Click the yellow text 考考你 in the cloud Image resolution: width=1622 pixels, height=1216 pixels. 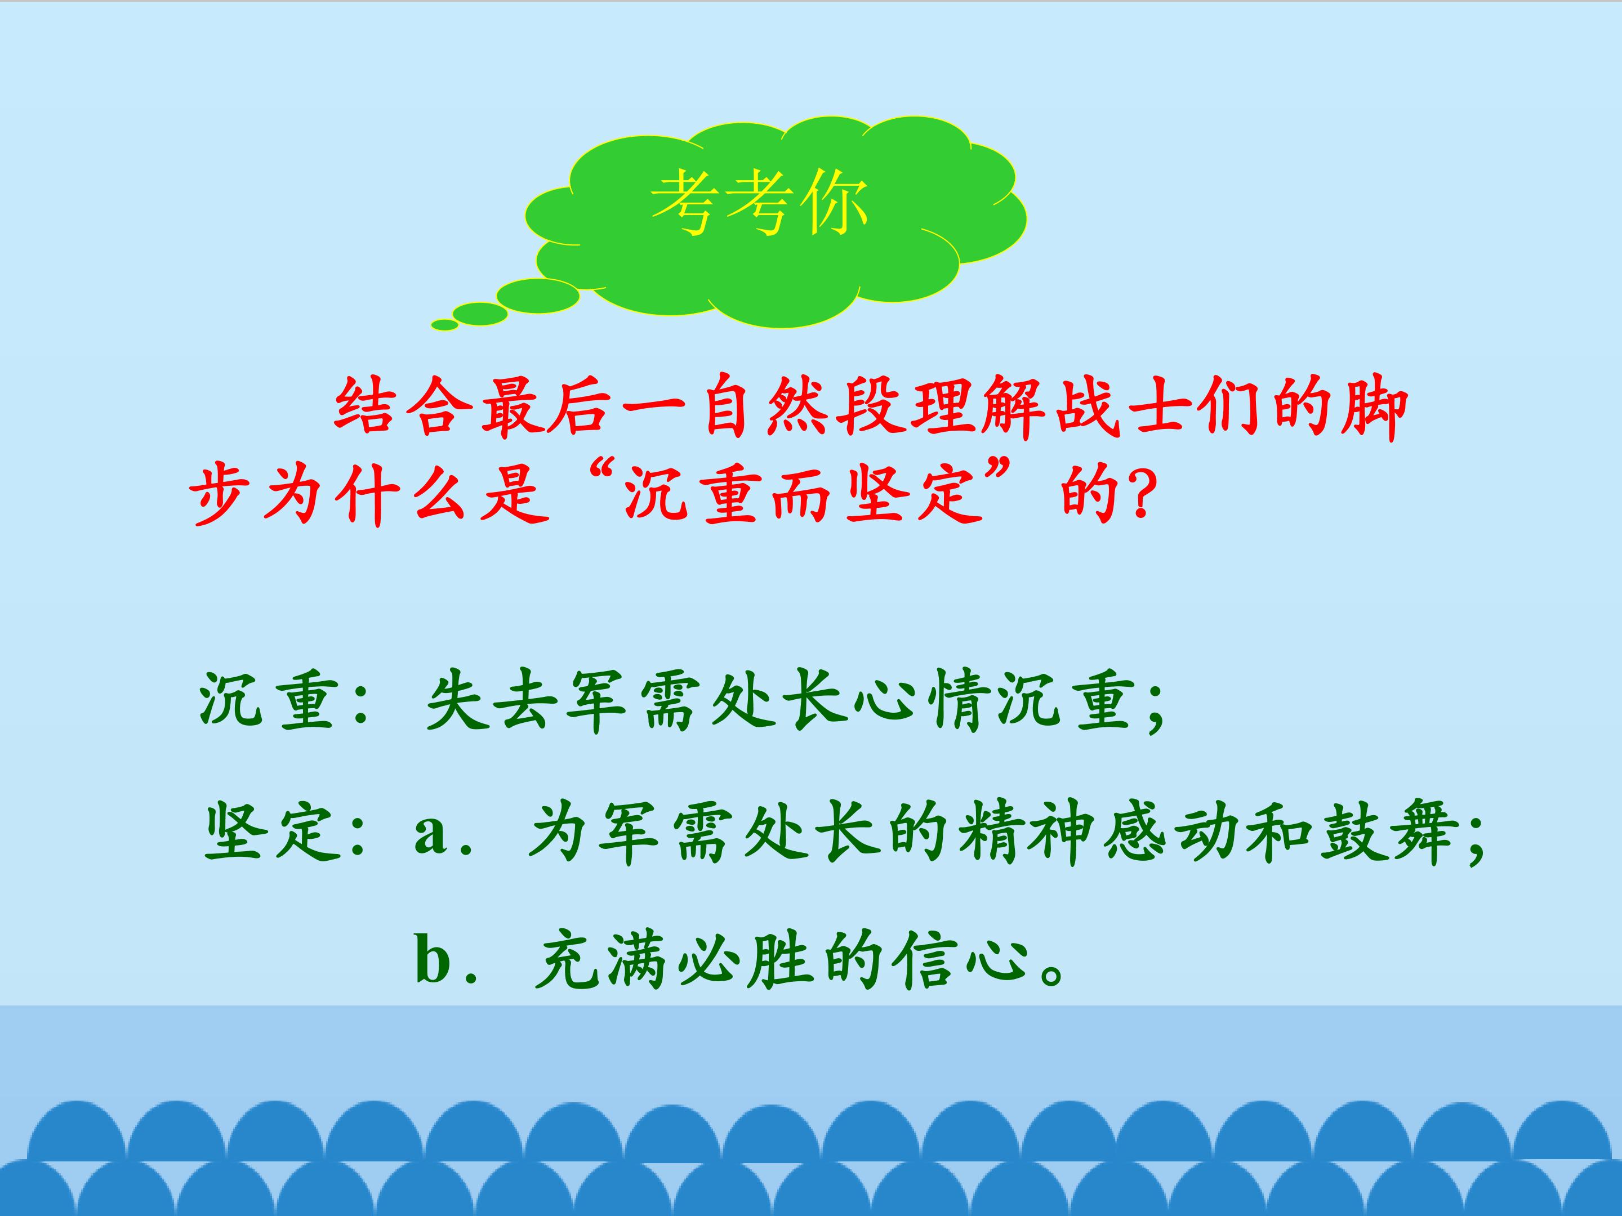pos(760,204)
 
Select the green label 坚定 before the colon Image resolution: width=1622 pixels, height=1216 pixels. pos(270,833)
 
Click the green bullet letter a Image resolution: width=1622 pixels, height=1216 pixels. pos(430,837)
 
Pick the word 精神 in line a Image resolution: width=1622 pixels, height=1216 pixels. pos(1027,833)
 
